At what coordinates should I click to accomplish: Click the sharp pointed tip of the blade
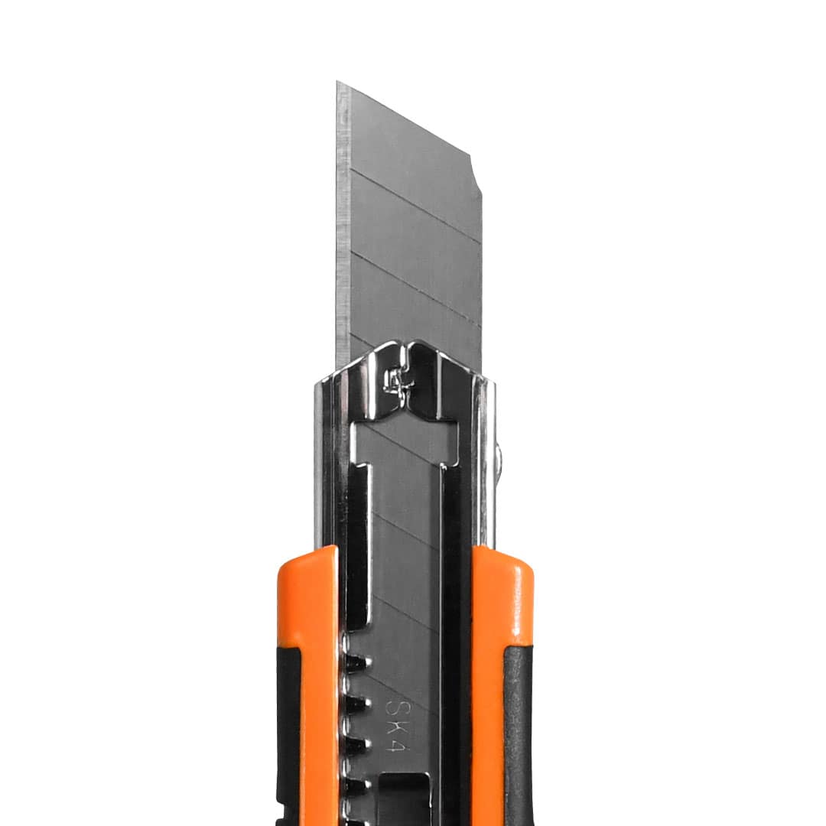pyautogui.click(x=337, y=82)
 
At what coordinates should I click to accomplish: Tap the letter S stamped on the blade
pyautogui.click(x=394, y=705)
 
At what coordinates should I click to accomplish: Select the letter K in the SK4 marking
pyautogui.click(x=394, y=727)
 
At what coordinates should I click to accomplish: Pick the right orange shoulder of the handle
pyautogui.click(x=503, y=659)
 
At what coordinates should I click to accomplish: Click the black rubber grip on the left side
pyautogui.click(x=288, y=737)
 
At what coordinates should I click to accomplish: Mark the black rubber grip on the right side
pyautogui.click(x=519, y=737)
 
